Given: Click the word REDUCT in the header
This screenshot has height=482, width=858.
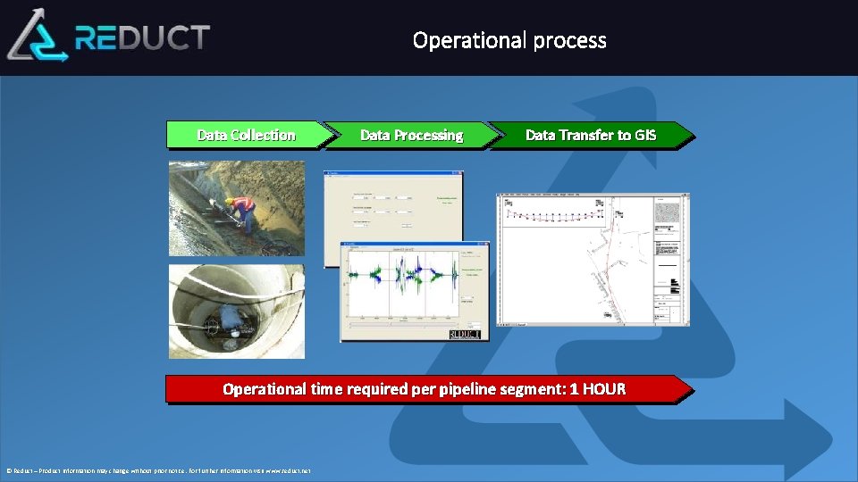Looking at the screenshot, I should pos(143,37).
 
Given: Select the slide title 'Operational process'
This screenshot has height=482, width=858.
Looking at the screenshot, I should pos(509,40).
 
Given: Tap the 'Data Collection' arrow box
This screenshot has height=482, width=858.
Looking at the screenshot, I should pos(246,135).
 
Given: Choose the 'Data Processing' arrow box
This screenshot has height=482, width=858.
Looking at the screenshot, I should pos(411,135).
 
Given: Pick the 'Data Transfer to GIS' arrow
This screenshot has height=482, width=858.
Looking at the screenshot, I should pos(590,135).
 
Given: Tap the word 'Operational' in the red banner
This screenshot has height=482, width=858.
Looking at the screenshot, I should pos(265,389).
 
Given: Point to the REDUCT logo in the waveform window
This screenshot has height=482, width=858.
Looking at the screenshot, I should pos(465,334).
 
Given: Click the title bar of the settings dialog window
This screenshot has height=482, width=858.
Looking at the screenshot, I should pos(393,174).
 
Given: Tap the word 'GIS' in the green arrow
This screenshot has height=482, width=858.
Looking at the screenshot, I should pos(645,135).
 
